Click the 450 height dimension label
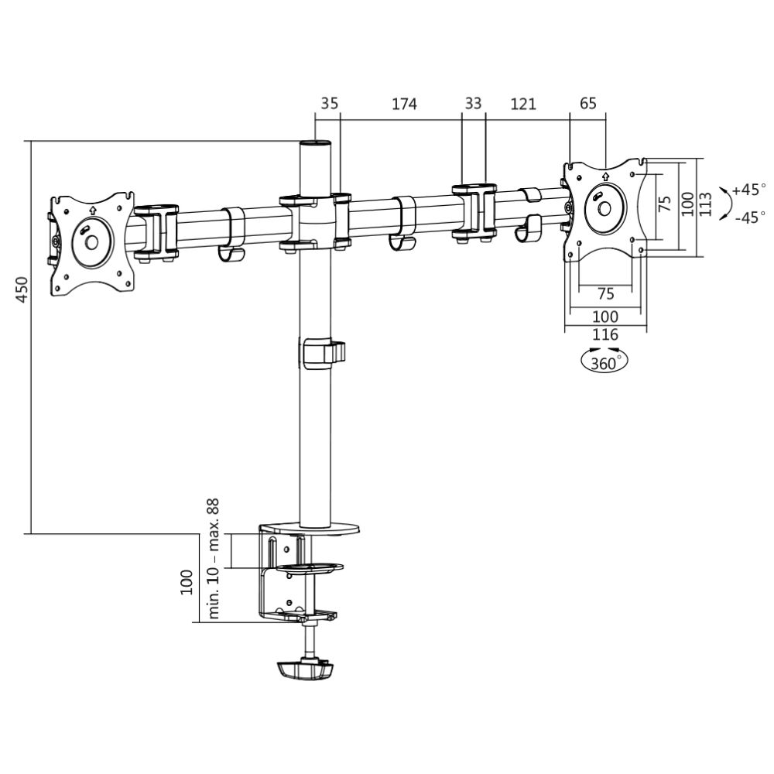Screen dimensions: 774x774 click(x=22, y=290)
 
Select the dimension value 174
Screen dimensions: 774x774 click(x=404, y=104)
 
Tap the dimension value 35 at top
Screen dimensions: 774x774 click(x=329, y=104)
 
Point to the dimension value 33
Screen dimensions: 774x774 click(x=474, y=104)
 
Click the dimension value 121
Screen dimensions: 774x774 click(x=523, y=104)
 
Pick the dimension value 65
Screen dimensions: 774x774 click(x=587, y=104)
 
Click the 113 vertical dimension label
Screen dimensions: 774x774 click(x=704, y=204)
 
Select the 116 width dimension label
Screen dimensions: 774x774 click(x=604, y=334)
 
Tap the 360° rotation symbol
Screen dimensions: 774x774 click(x=604, y=361)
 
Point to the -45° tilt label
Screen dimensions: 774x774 click(x=748, y=217)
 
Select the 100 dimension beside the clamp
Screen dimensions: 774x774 click(x=187, y=582)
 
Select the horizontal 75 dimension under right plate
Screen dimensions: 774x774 click(x=605, y=293)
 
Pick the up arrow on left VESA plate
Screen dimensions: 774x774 click(x=92, y=209)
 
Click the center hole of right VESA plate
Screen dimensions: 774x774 click(x=604, y=208)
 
